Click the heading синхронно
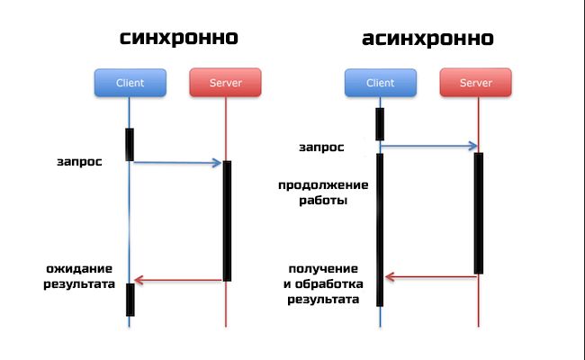[179, 39]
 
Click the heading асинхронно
[427, 39]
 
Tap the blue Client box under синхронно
[130, 83]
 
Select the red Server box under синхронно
[225, 83]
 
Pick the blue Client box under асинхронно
[381, 83]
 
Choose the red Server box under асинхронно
[476, 83]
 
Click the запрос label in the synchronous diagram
[79, 162]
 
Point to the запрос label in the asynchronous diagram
[321, 148]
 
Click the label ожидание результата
[79, 276]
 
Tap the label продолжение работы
[323, 193]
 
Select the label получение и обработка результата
[323, 284]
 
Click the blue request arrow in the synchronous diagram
[177, 163]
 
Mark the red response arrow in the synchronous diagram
[177, 280]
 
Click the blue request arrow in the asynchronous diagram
[429, 146]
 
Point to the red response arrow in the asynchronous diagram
[431, 277]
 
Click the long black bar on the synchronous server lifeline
[227, 220]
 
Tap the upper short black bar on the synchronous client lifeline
[130, 145]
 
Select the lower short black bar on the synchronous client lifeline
[130, 300]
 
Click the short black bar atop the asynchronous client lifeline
[380, 124]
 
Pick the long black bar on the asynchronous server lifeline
[479, 213]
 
